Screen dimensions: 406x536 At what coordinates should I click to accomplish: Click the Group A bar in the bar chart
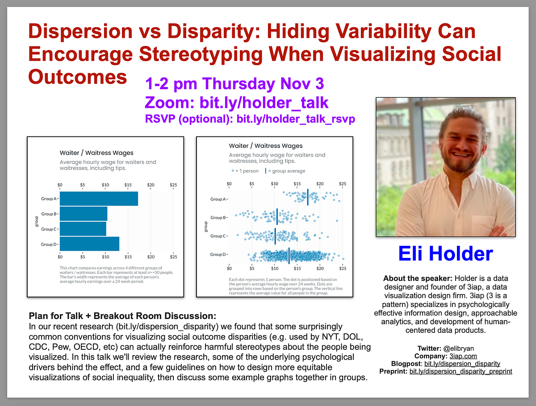[99, 199]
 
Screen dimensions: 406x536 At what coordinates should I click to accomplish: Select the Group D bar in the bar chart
[89, 244]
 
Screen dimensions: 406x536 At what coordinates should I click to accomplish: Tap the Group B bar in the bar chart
[84, 214]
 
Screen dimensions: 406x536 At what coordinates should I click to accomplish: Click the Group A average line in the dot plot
[308, 197]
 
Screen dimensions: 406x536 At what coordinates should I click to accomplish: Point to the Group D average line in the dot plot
[289, 255]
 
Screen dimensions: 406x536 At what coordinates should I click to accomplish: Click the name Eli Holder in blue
[445, 254]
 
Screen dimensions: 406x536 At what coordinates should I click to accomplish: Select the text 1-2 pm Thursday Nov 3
[234, 83]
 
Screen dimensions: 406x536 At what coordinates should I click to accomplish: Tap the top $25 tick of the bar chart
[173, 185]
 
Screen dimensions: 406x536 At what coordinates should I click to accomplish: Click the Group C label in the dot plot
[219, 236]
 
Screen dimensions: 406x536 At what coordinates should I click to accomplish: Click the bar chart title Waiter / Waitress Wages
[96, 153]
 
